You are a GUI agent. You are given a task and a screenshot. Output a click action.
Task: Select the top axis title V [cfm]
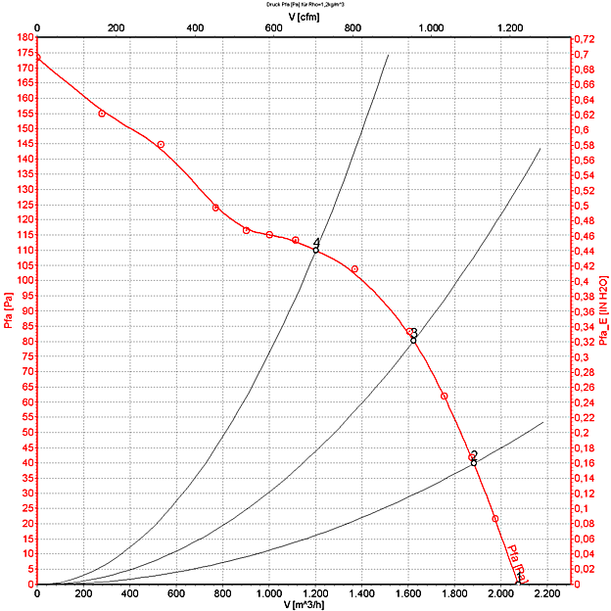coord(304,16)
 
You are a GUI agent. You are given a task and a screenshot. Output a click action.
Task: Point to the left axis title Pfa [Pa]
coord(9,311)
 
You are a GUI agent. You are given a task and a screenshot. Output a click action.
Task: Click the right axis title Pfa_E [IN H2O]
coord(603,310)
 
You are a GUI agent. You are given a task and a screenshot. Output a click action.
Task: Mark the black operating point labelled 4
coord(315,250)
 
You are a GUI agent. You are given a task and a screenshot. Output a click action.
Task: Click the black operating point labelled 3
coord(413,340)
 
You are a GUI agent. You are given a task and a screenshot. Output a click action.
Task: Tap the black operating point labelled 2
coord(474,462)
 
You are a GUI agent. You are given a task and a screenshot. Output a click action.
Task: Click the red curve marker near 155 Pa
coord(102,114)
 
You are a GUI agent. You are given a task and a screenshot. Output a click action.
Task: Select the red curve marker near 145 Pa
coord(161,145)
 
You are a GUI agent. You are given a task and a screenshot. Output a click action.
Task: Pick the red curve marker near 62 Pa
coord(445,396)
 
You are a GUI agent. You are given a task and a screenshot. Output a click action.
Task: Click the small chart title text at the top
coord(305,4)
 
